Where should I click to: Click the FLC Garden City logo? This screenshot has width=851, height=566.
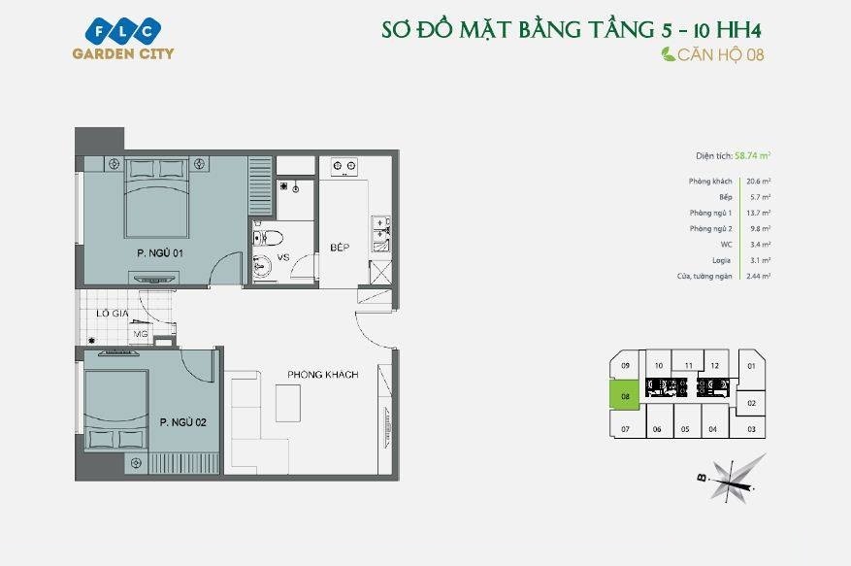click(123, 38)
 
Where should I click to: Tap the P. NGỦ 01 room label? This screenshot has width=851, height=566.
click(160, 253)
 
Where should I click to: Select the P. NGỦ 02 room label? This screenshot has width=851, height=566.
click(182, 422)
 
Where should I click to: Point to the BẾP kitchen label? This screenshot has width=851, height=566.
click(340, 248)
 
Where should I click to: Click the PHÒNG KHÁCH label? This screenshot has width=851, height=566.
click(323, 374)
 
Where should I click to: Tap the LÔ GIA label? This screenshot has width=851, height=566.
click(113, 314)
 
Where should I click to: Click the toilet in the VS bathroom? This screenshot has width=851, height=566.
click(268, 238)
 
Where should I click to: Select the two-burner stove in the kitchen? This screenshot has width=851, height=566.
click(344, 166)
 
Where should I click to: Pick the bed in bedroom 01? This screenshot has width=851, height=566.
click(157, 198)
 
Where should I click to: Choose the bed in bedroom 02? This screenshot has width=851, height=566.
click(116, 411)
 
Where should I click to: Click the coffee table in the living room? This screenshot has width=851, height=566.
click(287, 403)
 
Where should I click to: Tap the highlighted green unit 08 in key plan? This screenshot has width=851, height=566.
click(625, 395)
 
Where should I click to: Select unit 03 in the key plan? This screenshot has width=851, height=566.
click(751, 428)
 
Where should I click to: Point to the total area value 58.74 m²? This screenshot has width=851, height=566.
click(752, 156)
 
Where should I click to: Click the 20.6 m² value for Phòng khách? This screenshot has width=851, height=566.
click(758, 182)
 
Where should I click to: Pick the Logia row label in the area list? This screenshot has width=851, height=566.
click(721, 261)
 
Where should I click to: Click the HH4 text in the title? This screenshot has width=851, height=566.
click(738, 30)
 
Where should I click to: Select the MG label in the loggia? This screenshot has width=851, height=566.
click(141, 334)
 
